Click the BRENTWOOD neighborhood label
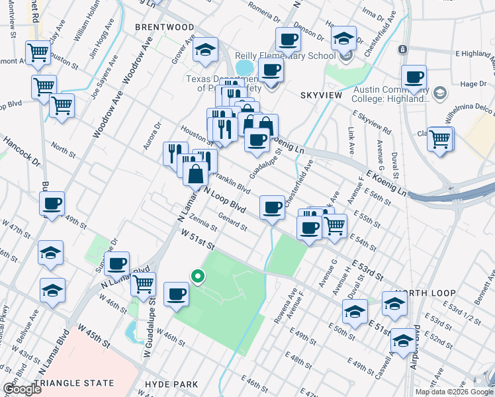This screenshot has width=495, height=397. click(x=165, y=27)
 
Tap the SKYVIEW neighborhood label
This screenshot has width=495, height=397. click(x=321, y=95)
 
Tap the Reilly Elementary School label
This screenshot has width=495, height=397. click(x=292, y=56)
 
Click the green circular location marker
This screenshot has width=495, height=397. click(x=197, y=276)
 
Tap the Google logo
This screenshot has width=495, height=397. click(x=22, y=389)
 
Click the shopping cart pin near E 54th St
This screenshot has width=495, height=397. click(x=335, y=225)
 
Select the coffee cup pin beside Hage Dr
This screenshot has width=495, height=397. click(x=414, y=77)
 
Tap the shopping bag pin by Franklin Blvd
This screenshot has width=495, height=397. click(x=197, y=175)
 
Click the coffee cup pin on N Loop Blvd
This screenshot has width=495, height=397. click(x=271, y=207)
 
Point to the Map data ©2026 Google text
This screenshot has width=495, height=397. click(x=454, y=392)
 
